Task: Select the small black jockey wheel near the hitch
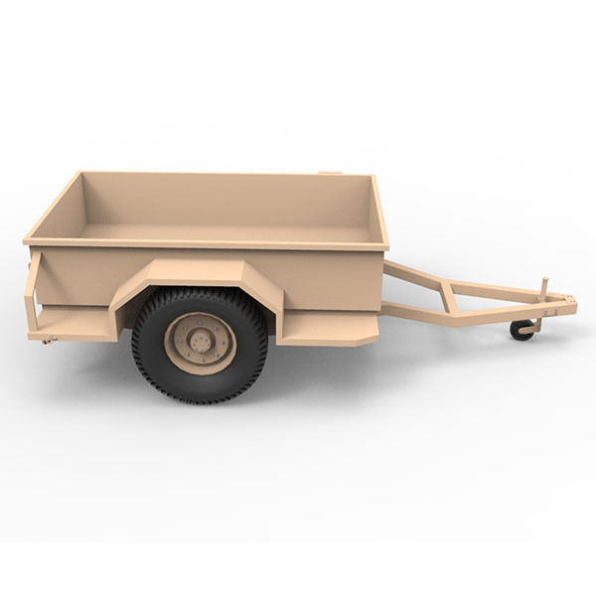(521, 330)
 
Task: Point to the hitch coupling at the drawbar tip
(567, 302)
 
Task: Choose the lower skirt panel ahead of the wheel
(327, 329)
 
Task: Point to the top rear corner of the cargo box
(27, 239)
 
